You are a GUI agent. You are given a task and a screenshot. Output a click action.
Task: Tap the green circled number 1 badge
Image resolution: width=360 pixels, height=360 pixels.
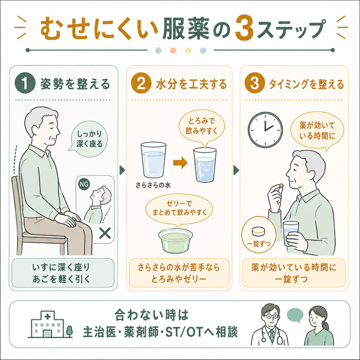click(25, 83)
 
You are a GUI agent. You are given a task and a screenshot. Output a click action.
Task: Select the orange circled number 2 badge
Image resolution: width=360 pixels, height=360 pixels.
click(141, 83)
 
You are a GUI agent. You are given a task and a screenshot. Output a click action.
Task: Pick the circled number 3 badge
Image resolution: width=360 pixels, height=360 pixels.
click(255, 83)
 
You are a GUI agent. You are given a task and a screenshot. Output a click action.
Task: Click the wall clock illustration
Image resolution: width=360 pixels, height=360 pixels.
click(265, 130)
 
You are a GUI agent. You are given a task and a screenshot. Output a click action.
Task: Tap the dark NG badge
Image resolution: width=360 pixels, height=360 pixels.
click(84, 184)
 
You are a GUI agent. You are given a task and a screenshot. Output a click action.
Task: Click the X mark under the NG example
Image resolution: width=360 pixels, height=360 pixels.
click(105, 233)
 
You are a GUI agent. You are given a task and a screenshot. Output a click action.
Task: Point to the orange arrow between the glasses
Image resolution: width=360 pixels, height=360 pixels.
click(180, 162)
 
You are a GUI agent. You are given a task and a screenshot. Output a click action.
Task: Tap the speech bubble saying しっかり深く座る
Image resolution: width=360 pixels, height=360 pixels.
click(89, 139)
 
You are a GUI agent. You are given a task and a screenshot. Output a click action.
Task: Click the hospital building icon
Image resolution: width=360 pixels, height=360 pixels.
click(47, 324)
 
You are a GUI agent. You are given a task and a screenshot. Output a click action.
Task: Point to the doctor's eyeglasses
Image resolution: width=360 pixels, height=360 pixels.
click(271, 316)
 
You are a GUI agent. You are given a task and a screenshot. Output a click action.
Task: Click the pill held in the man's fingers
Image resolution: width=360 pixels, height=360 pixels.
click(281, 186)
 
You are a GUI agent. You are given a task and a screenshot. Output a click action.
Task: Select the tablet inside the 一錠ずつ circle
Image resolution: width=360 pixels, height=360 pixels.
click(258, 231)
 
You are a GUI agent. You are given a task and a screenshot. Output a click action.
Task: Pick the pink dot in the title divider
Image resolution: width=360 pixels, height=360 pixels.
click(173, 51)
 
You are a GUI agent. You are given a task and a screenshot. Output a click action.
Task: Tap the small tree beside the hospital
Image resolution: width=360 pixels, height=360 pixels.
click(69, 331)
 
